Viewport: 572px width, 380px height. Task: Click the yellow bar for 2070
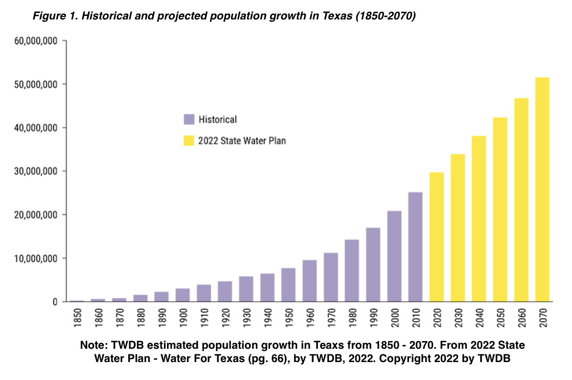(542, 189)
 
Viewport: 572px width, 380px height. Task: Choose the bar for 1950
(288, 285)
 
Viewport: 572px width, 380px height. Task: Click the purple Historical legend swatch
(189, 120)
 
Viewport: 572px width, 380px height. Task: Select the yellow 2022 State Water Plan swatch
(189, 141)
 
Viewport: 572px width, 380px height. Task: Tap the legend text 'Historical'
(218, 120)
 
